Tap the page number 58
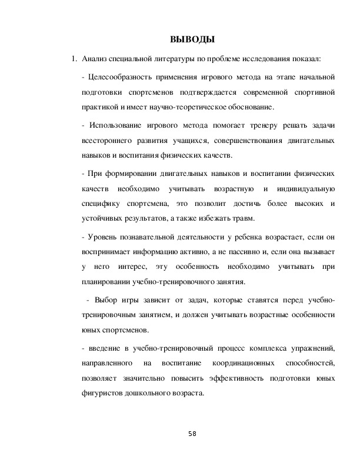coord(192,434)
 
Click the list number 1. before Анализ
coord(74,59)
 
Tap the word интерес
coord(138,268)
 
